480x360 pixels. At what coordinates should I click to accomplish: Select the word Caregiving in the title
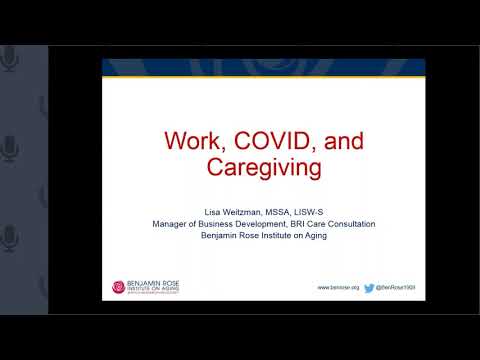coord(264,167)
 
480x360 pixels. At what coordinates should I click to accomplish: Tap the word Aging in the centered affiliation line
coord(315,236)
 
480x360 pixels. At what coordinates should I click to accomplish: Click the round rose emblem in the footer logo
coord(119,287)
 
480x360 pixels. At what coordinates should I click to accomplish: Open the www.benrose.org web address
coord(339,287)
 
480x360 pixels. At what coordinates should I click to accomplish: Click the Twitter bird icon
coord(369,287)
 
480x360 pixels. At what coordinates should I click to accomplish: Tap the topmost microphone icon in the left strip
coord(11,60)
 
